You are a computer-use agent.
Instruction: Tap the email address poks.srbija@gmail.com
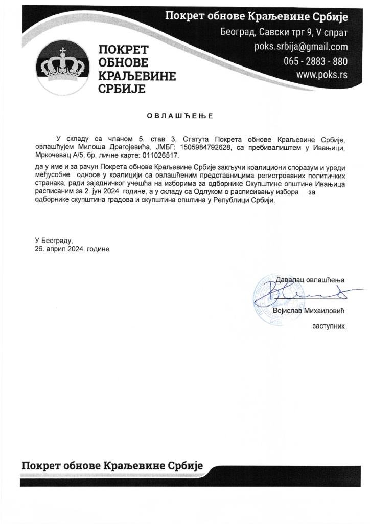[301, 47]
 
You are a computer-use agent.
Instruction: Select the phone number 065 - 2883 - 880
[315, 61]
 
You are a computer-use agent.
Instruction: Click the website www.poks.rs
[322, 75]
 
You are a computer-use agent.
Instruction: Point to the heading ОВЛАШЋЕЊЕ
[180, 116]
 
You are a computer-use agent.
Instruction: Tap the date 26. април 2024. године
[72, 248]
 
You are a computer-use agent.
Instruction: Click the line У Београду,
[54, 240]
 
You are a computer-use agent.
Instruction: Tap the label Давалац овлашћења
[310, 280]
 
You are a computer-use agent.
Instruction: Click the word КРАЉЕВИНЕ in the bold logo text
[136, 76]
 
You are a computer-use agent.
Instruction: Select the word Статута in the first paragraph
[187, 139]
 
